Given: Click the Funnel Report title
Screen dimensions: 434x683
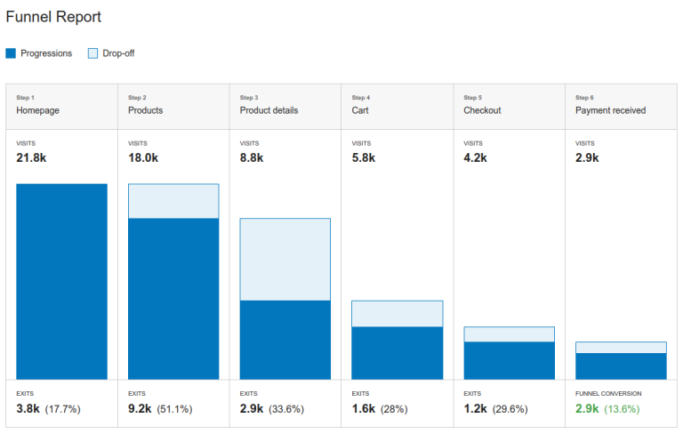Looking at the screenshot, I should (53, 17).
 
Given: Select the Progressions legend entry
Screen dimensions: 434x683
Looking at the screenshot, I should (39, 53).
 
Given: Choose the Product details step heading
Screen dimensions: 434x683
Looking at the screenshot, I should (269, 110).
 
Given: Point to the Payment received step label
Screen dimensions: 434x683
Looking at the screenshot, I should (610, 110).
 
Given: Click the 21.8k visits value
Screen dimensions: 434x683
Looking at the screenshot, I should (31, 157).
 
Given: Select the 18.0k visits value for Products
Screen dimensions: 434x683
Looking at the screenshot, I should (143, 157).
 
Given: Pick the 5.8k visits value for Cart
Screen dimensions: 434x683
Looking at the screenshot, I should (364, 157).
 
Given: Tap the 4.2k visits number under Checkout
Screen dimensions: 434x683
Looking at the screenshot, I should (476, 157).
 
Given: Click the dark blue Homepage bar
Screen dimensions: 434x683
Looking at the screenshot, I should (61, 282).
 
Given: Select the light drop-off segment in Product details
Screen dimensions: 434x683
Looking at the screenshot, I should (285, 259).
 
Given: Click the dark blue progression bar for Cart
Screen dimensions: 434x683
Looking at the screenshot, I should (397, 353).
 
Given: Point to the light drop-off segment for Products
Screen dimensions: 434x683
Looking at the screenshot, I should (173, 201).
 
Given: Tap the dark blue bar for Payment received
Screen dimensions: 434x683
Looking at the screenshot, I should (621, 366).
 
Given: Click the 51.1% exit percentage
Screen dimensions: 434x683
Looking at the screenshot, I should (174, 409).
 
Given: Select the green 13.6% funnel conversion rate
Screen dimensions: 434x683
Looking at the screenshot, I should (622, 409).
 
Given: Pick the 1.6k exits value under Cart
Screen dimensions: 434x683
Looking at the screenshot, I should (364, 409).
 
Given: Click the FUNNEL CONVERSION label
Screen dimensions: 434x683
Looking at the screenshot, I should (608, 393).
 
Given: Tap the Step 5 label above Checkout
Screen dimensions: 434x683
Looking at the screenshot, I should (472, 97).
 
